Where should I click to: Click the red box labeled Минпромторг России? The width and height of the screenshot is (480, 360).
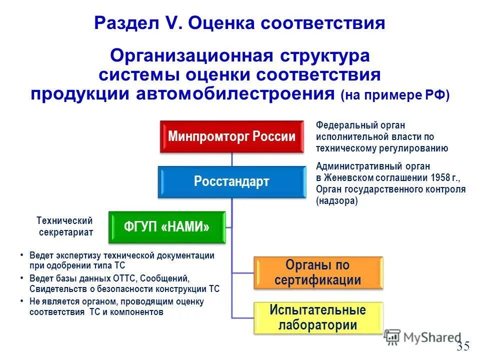click(x=231, y=136)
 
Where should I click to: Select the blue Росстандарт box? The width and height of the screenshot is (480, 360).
click(x=231, y=181)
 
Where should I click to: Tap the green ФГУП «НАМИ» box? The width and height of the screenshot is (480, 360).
click(x=166, y=227)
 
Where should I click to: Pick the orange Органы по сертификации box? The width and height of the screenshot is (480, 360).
click(x=318, y=272)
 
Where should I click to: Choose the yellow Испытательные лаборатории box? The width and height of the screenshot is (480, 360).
click(x=318, y=317)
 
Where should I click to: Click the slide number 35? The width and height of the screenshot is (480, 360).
click(x=462, y=346)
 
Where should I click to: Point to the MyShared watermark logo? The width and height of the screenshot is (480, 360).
click(x=422, y=337)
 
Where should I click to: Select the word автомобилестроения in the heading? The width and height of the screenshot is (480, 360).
click(x=234, y=93)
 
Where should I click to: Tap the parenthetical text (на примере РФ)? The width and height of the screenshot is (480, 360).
click(x=395, y=95)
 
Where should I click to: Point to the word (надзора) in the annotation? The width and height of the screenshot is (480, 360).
click(x=336, y=201)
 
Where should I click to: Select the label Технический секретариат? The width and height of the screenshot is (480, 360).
click(x=65, y=226)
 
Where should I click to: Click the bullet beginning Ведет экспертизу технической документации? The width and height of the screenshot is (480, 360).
click(x=120, y=260)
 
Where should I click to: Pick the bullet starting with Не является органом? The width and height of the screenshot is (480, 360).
click(x=115, y=306)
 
